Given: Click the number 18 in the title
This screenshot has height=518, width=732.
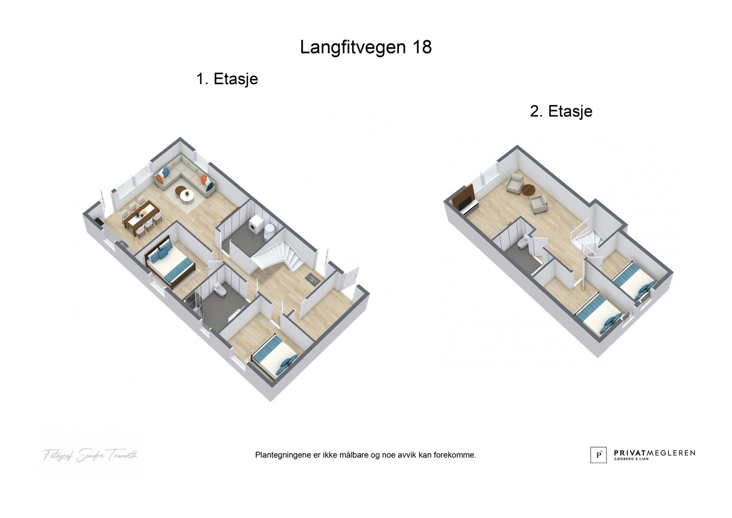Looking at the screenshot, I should tap(422, 47).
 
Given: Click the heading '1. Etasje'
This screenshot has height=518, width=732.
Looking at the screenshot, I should tap(227, 79).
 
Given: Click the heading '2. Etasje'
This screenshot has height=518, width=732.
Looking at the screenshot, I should tap(561, 111).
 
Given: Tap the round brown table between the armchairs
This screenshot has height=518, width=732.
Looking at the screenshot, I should tap(529, 189).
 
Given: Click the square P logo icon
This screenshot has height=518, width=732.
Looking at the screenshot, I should tap(598, 455).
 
